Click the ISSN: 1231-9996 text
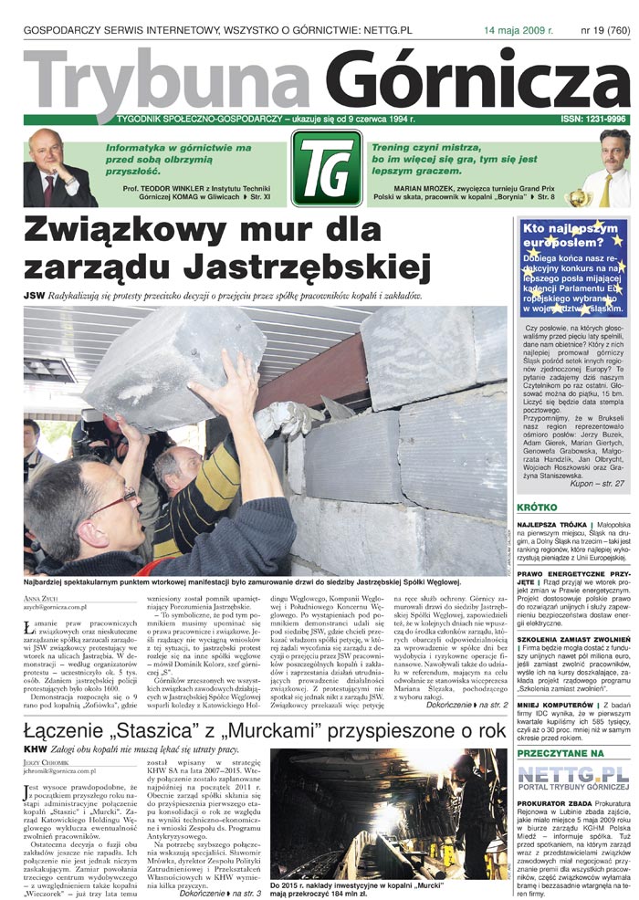pyautogui.click(x=593, y=120)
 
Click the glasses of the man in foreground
pyautogui.click(x=110, y=501)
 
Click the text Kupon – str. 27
pyautogui.click(x=594, y=482)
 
